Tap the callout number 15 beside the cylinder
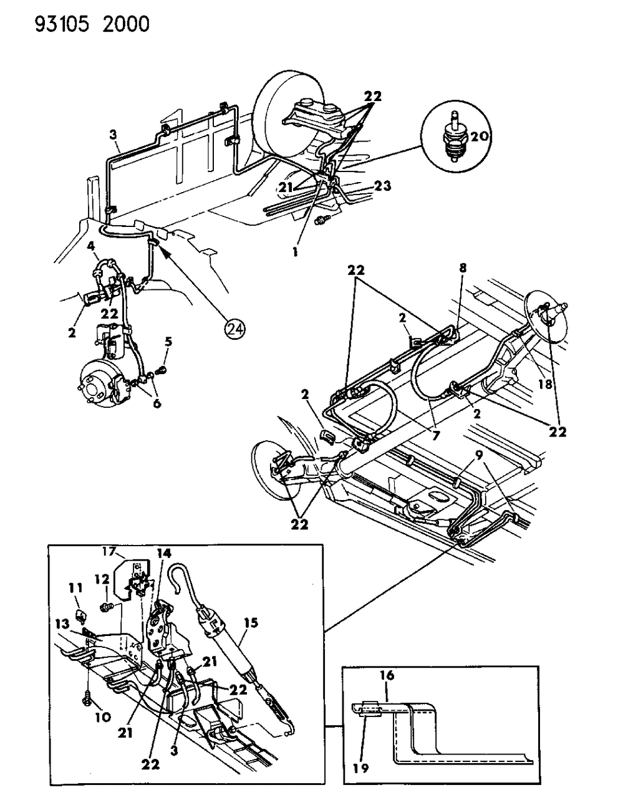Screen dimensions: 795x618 [x=251, y=623]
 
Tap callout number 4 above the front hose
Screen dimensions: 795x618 [x=91, y=246]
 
